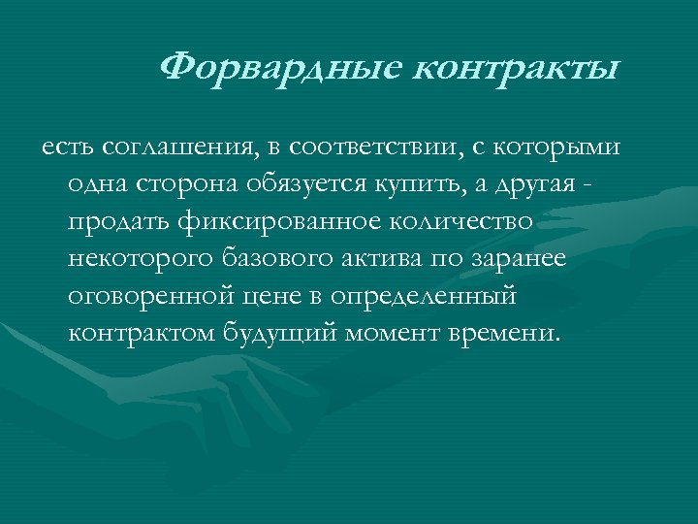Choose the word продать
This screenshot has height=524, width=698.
click(x=120, y=222)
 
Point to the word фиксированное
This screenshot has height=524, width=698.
click(x=279, y=222)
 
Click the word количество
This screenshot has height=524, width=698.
click(x=462, y=222)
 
